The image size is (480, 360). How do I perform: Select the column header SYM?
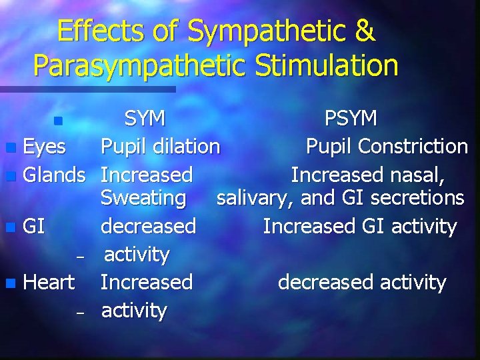click(x=145, y=119)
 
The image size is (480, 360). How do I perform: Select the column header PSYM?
click(x=351, y=119)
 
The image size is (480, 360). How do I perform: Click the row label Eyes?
click(x=44, y=146)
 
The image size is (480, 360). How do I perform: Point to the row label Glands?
click(x=54, y=175)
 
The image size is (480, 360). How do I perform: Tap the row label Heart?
click(x=49, y=282)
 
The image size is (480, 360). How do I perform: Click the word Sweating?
click(x=143, y=198)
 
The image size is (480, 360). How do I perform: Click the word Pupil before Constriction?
click(x=326, y=147)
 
